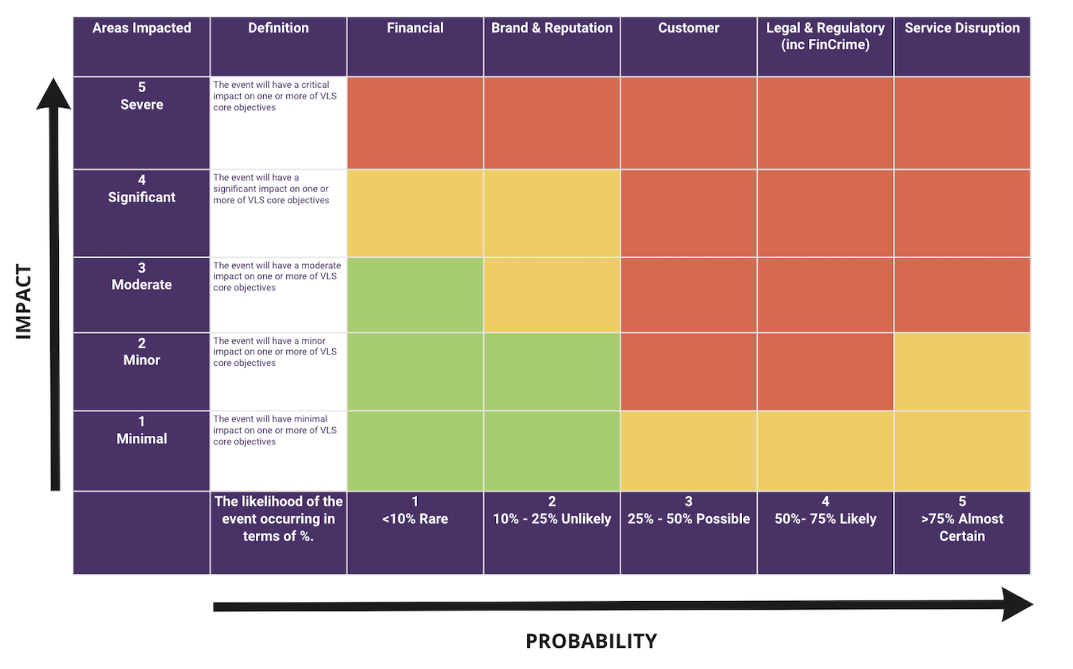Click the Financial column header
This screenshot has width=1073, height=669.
point(415,28)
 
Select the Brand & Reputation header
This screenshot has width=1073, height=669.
point(552,28)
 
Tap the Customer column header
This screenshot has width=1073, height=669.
point(689,28)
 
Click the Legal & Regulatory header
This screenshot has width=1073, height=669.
point(825,36)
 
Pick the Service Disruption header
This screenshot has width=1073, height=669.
point(962,28)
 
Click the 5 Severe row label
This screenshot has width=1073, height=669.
point(141,96)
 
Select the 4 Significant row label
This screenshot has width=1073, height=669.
point(141,188)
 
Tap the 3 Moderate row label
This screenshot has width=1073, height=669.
point(141,276)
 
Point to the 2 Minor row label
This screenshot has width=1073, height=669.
point(141,351)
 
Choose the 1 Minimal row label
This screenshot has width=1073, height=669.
point(141,430)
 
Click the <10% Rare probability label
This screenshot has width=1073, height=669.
point(415,510)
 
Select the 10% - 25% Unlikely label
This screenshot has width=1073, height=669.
point(552,510)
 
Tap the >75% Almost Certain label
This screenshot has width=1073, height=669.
point(962,519)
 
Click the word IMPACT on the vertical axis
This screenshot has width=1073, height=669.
point(23,301)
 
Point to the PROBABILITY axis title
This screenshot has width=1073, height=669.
point(591,641)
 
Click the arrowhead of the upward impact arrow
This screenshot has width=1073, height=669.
point(53,94)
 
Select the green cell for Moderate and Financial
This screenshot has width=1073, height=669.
point(415,295)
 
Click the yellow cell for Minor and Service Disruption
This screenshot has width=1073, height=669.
point(962,371)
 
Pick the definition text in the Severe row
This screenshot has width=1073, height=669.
point(275,96)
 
